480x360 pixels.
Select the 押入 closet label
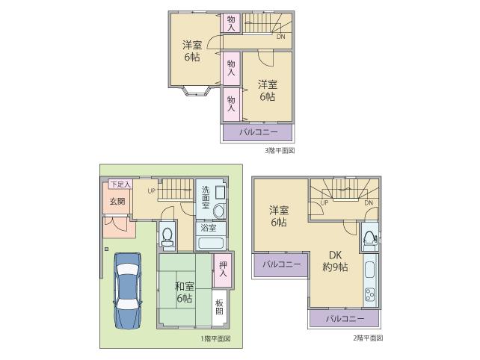pos(221,267)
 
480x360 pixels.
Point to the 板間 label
pos(220,308)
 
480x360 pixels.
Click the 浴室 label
pos(208,228)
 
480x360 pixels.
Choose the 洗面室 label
pos(204,196)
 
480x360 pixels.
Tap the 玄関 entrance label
pos(117,201)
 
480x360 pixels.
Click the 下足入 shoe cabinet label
pos(120,184)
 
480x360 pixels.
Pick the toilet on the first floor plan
pos(167,236)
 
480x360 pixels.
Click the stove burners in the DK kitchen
pos(369,294)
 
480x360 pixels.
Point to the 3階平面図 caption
pos(280,150)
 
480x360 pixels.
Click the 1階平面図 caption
pos(215,338)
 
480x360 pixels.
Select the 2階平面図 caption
pos(368,338)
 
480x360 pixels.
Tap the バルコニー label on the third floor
pos(258,132)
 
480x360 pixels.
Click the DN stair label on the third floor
pos(280,37)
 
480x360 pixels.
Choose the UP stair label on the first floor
pos(151,190)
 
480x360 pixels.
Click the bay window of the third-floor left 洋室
pos(193,93)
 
